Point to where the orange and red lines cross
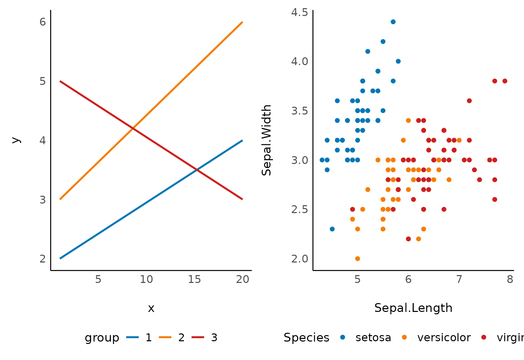click(x=133, y=129)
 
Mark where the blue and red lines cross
click(x=197, y=169)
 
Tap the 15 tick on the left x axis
click(x=194, y=280)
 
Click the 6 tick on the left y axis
click(x=43, y=22)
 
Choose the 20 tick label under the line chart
click(x=243, y=280)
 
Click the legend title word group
click(x=102, y=337)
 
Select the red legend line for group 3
click(x=198, y=337)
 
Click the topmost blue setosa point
click(x=393, y=22)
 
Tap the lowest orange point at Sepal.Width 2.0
click(x=358, y=258)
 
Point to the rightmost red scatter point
click(x=505, y=81)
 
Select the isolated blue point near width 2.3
click(x=332, y=229)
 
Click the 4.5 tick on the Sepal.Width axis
click(x=300, y=13)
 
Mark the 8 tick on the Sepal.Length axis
click(x=510, y=280)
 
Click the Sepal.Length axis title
click(x=413, y=308)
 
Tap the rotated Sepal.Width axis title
click(x=266, y=140)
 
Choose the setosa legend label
click(x=373, y=337)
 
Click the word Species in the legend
click(x=306, y=337)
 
